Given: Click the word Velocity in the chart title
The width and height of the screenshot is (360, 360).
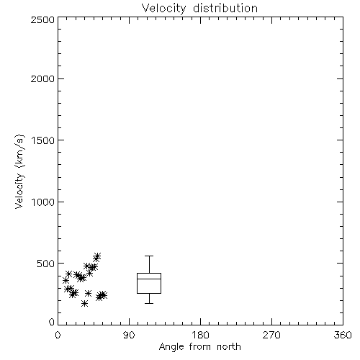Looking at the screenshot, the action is coord(163,9).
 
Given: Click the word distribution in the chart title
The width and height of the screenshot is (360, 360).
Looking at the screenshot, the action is coord(225,8).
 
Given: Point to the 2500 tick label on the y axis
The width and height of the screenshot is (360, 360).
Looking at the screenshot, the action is coord(42,19).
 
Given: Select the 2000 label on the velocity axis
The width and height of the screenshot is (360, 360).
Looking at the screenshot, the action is coord(42,78).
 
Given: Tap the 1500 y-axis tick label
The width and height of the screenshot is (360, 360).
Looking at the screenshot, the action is coord(43,140).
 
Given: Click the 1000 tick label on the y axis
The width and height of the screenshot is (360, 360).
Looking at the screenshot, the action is coord(43,202).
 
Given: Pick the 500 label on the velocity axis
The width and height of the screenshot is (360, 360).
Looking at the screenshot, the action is coord(46,264).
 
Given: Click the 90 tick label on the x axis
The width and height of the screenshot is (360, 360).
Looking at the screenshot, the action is coord(129,335).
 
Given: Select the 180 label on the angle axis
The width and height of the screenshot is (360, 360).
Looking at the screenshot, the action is coord(200,335).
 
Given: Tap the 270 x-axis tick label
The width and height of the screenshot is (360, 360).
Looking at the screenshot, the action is coord(271,335).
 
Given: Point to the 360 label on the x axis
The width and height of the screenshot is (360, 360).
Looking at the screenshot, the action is coord(343,335).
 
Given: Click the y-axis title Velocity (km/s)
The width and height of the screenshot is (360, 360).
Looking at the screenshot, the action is coord(19,171).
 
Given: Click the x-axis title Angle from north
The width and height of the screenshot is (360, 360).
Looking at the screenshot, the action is coord(200,347).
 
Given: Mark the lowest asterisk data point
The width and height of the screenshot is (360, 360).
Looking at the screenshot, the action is coord(84,304).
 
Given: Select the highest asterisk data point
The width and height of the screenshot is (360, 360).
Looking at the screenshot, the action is coord(97,256).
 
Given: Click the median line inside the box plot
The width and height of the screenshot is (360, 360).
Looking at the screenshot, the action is coord(149,279).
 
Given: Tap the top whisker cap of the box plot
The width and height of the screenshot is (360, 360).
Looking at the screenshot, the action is coord(149,256).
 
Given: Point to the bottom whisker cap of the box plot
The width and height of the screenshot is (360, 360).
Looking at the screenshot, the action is coord(149,303).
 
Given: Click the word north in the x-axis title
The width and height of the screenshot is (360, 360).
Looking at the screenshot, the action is coord(229,347).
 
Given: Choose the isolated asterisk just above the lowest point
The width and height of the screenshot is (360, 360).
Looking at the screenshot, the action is coord(89,293).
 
